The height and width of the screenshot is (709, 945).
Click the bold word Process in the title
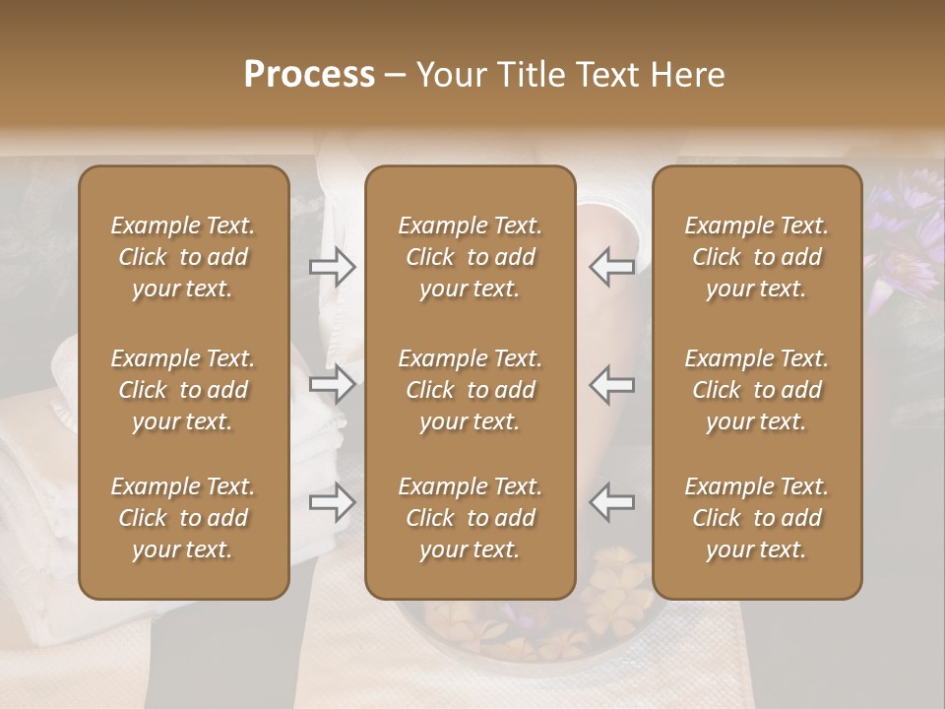tap(309, 75)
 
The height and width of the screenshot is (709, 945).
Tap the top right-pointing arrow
tap(332, 266)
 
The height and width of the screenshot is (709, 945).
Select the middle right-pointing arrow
tap(332, 384)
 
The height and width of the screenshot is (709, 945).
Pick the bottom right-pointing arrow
tap(332, 502)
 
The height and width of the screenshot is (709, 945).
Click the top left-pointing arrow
tap(611, 266)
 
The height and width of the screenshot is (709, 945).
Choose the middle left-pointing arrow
tap(611, 384)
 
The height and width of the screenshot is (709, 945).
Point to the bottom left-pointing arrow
tap(611, 502)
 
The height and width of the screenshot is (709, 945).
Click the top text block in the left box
tap(183, 257)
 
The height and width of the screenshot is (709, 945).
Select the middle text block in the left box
tap(183, 390)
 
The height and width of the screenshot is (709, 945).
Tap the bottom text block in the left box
tap(183, 518)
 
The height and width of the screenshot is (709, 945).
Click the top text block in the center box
tap(470, 257)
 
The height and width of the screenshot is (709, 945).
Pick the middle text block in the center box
tap(470, 390)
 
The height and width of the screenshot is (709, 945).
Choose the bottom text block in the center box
tap(470, 518)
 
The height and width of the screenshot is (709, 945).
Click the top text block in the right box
tap(756, 257)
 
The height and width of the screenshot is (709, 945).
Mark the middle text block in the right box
tap(756, 390)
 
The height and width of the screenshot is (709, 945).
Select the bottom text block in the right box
tap(756, 518)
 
